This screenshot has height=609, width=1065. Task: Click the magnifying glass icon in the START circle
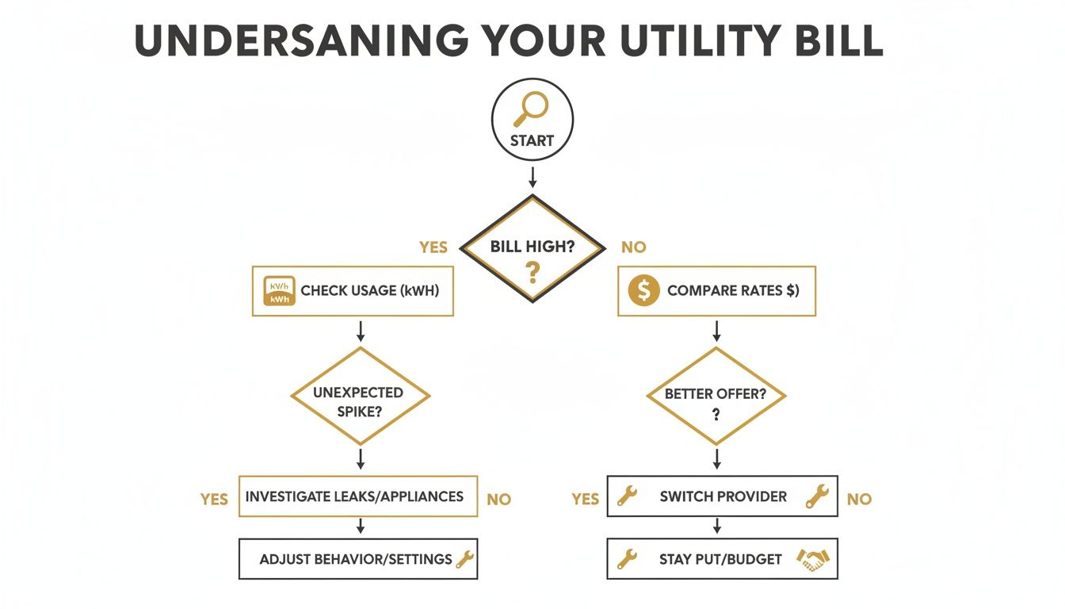531,109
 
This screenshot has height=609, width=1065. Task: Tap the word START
532,140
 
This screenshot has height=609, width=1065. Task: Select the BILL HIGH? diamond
532,248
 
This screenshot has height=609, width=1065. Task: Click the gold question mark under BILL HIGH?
532,274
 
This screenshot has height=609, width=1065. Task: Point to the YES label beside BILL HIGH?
433,247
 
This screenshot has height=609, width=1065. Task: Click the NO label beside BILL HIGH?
633,247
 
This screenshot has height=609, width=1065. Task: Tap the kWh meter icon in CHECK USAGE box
279,291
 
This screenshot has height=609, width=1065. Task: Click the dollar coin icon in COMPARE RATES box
643,291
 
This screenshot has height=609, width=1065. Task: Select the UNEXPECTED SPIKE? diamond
360,396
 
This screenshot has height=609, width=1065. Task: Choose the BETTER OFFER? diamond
716,396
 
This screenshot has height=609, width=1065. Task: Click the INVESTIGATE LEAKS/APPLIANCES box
357,496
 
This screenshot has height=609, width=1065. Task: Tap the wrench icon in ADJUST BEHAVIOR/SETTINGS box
464,559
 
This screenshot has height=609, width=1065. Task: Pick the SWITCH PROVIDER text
723,496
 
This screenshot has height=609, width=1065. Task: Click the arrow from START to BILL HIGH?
532,176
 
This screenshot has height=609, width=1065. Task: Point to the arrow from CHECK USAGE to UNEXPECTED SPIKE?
361,331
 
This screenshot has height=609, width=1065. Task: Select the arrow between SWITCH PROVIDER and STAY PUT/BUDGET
717,526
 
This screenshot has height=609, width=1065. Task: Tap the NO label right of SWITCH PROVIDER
859,499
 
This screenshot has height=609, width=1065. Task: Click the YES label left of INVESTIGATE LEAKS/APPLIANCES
214,499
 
